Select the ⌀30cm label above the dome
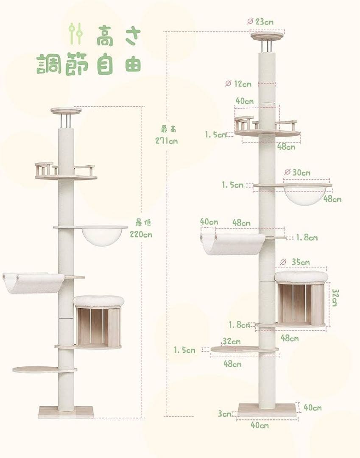pos(297,173)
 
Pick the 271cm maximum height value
pos(166,141)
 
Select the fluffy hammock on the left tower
pos(33,283)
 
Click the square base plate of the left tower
pos(66,412)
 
